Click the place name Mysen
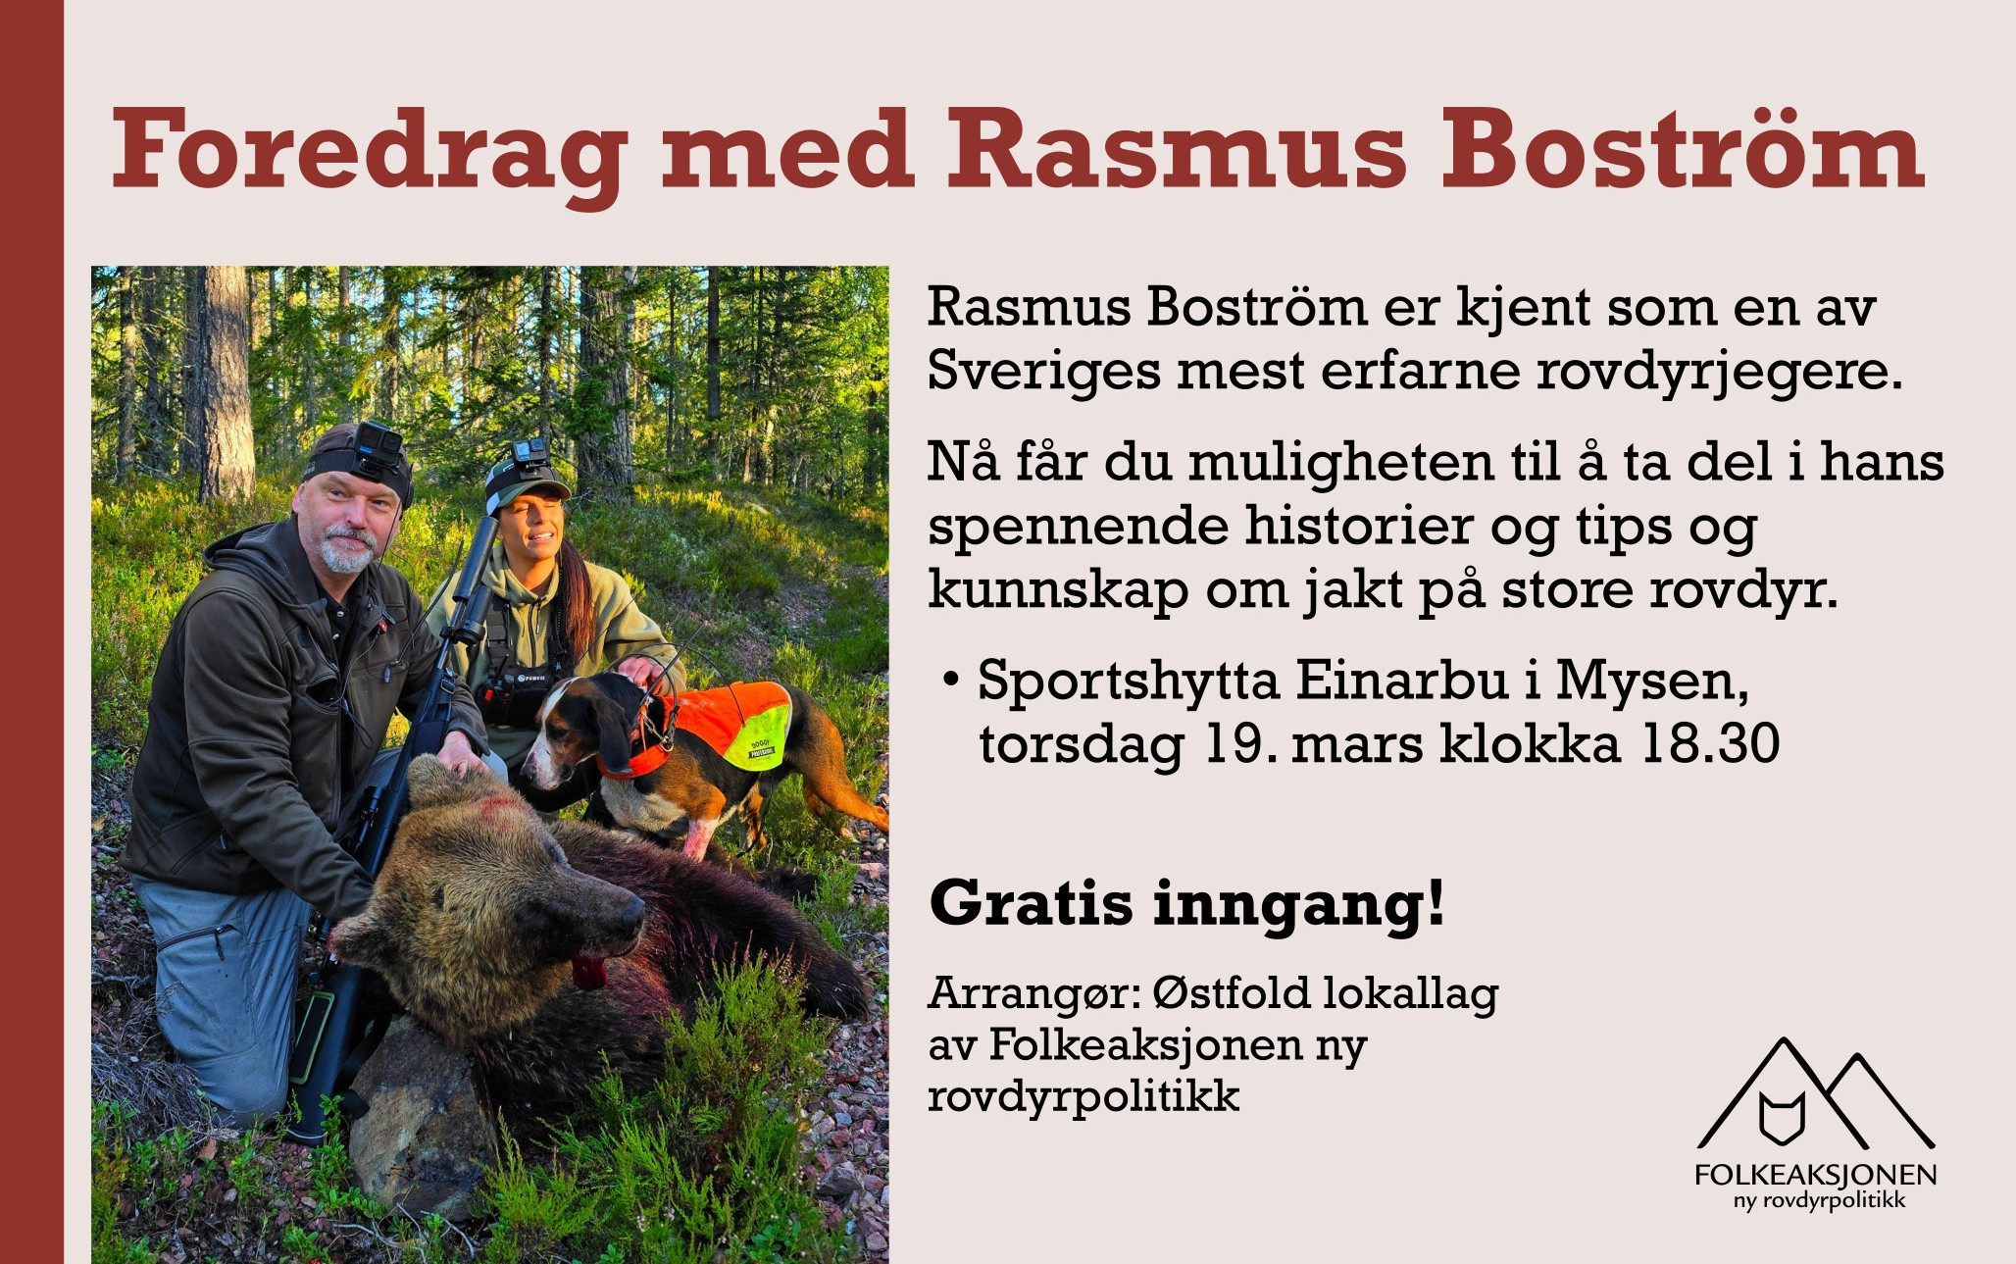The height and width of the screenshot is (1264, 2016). click(1652, 683)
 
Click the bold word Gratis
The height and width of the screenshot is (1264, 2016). click(1031, 902)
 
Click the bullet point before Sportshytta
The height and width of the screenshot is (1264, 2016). click(949, 680)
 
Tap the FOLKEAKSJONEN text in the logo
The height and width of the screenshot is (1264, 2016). click(1816, 1175)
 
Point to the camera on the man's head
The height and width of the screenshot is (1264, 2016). click(378, 443)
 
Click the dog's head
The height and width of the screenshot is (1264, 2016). click(579, 726)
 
